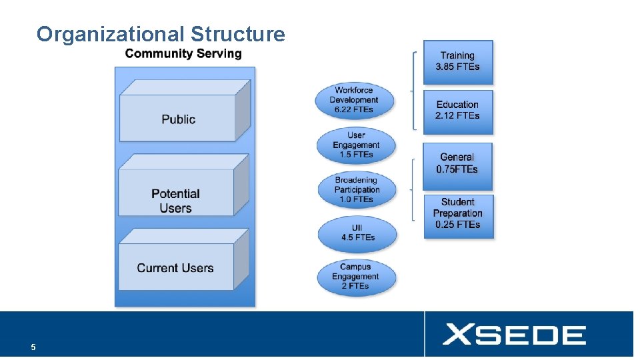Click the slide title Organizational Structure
[161, 34]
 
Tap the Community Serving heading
[183, 54]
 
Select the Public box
[178, 119]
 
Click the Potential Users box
[175, 200]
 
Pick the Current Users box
[175, 268]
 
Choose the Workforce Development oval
[354, 100]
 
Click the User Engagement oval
[356, 145]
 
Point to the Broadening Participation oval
[356, 190]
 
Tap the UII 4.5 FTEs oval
[357, 233]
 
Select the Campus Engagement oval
[355, 277]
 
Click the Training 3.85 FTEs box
[457, 61]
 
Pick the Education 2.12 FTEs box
[457, 110]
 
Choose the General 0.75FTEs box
[457, 163]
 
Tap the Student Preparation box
[457, 213]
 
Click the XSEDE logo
[514, 334]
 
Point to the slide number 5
[33, 347]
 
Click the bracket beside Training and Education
[415, 89]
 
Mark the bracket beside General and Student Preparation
[415, 189]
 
